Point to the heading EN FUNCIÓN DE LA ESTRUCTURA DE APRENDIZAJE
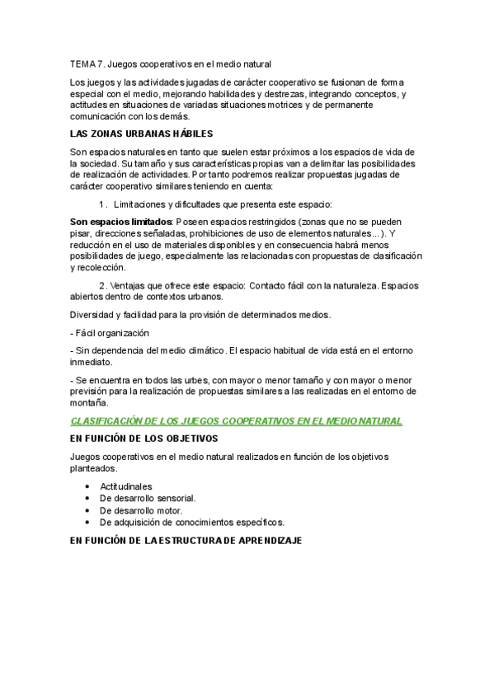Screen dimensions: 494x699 coord(186,541)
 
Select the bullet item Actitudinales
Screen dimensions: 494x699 coord(125,486)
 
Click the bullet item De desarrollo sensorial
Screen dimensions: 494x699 coord(147,498)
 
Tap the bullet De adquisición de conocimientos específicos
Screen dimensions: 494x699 coord(191,522)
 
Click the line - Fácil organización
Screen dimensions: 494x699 coord(110,333)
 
